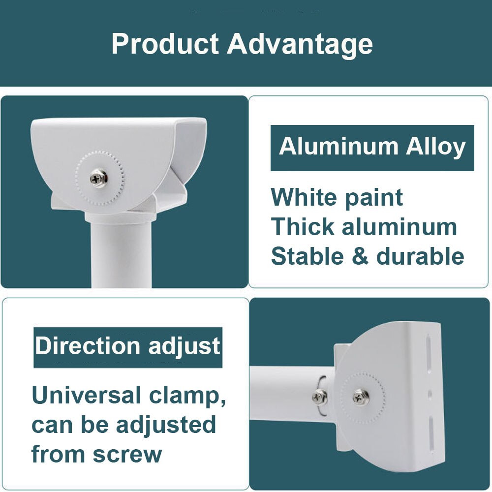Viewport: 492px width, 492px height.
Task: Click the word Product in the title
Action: [165, 44]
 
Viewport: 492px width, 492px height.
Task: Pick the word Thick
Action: [302, 227]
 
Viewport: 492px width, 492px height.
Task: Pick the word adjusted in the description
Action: [167, 425]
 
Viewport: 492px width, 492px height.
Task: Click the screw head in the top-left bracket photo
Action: [99, 177]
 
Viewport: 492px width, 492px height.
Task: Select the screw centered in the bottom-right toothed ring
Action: [361, 397]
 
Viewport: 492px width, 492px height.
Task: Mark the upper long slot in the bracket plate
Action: [430, 351]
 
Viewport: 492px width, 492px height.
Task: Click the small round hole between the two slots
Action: [430, 394]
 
